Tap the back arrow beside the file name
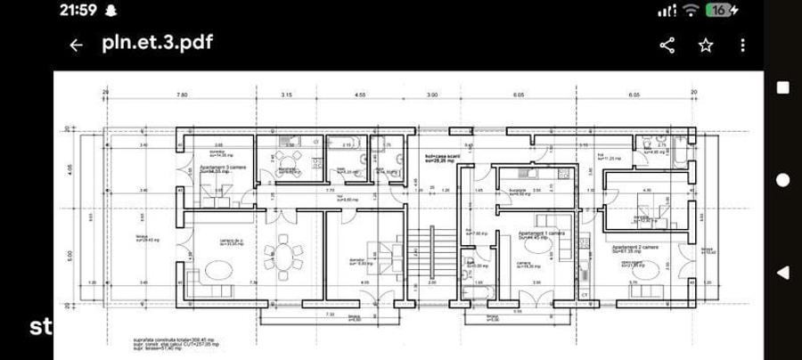tap(77, 45)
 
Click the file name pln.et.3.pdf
tap(157, 43)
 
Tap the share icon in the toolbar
tap(667, 45)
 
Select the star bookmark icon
tap(706, 45)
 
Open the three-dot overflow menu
tap(743, 45)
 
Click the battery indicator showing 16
tap(721, 11)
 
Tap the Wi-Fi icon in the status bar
tap(692, 11)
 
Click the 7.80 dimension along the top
tap(182, 94)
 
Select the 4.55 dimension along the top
tap(361, 94)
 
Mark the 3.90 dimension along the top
tap(432, 94)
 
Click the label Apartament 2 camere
tap(634, 246)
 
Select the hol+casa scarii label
tap(440, 158)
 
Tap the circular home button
tap(782, 179)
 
